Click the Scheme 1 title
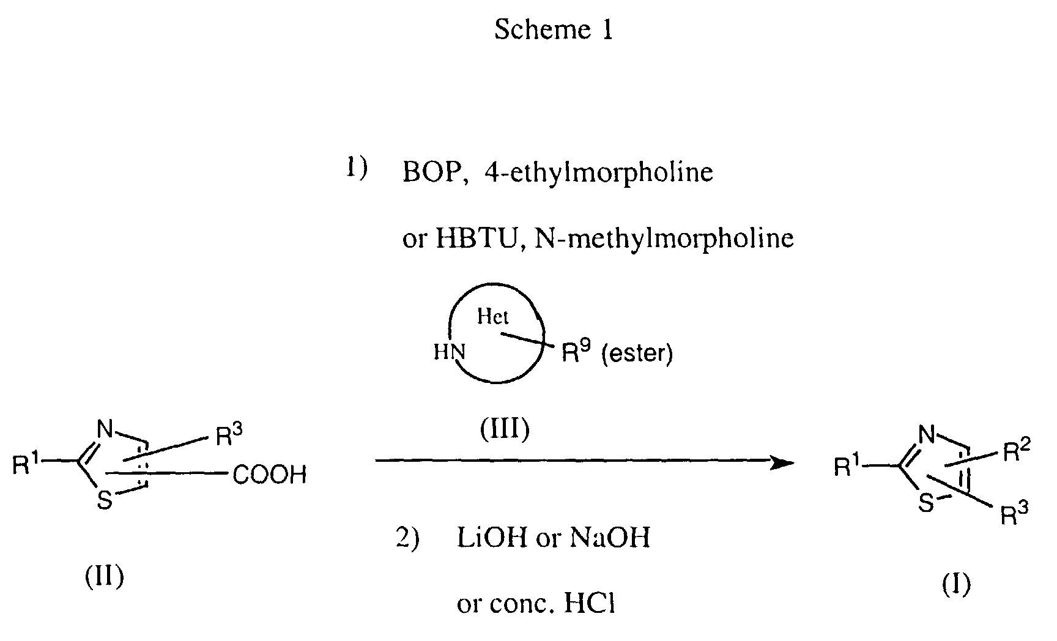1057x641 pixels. point(553,29)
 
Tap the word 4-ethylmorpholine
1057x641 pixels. point(599,173)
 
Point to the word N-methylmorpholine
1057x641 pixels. point(664,238)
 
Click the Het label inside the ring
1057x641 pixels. point(493,317)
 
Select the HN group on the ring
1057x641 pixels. point(450,352)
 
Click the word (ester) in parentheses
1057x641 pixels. point(637,354)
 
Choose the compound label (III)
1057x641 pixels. point(504,430)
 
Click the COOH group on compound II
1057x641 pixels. point(270,475)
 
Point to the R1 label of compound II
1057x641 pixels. point(25,465)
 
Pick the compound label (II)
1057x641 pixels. point(104,576)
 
